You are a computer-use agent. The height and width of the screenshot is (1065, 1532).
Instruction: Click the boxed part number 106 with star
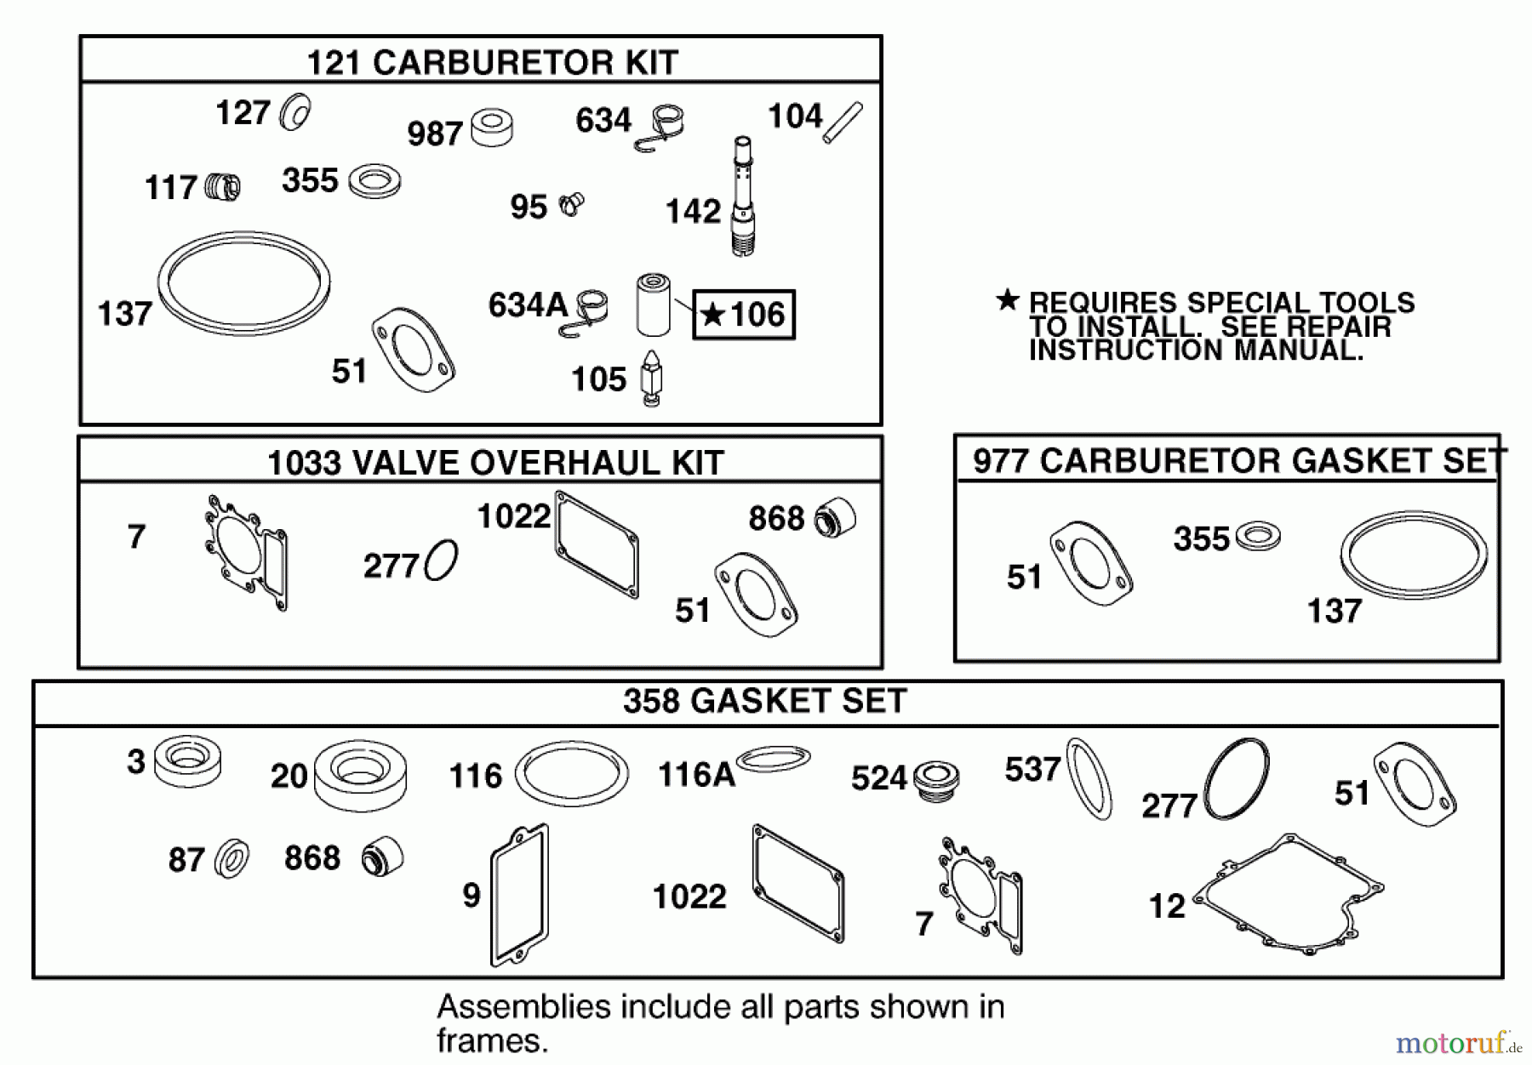743,316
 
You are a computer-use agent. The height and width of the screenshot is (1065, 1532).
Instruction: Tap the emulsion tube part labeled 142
742,196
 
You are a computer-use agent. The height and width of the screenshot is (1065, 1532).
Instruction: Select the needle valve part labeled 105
651,379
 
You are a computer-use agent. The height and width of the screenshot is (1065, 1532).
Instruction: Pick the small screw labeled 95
571,204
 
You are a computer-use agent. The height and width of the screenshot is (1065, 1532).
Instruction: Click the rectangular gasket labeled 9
519,895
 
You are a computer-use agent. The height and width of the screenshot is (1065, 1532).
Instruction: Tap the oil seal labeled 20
360,774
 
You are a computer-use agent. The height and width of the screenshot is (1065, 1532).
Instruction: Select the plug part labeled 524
935,778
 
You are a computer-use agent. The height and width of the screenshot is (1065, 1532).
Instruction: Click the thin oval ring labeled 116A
773,759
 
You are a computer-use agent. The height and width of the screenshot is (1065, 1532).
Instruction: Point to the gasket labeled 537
1089,778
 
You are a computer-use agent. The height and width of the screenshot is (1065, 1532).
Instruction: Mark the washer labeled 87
232,859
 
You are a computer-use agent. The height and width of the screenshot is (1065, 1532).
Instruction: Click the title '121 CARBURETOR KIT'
492,62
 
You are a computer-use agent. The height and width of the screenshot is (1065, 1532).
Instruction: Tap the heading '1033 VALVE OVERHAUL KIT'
495,463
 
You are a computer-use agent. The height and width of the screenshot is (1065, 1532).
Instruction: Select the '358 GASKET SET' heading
764,702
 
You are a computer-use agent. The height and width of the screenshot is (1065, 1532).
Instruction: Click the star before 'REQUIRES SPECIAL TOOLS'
1008,300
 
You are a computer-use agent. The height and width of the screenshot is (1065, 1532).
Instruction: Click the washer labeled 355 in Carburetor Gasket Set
1258,537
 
